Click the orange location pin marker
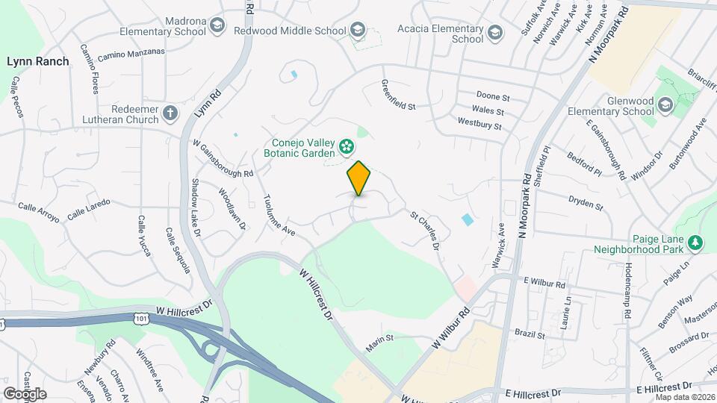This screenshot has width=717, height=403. point(358,178)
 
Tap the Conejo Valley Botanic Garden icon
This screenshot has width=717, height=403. point(347,146)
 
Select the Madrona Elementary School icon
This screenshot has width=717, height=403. point(217,26)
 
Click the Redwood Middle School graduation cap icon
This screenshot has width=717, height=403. point(358,31)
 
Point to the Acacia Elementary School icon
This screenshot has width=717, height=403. point(494,33)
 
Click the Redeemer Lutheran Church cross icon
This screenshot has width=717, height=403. point(170,113)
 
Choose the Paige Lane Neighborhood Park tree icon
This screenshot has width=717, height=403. point(695,242)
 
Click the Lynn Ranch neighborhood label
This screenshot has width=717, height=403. point(38,61)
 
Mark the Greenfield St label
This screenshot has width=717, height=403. point(398,95)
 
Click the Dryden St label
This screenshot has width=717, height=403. point(585,203)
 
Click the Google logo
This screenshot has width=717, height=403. point(25,393)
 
